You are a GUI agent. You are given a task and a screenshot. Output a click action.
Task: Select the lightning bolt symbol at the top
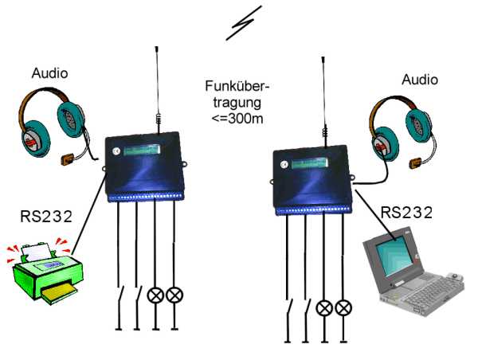(242, 25)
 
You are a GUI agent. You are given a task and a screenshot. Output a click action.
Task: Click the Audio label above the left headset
(49, 73)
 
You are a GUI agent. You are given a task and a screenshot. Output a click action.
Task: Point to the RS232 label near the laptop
(406, 213)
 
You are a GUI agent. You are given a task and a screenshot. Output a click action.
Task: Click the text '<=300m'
(242, 119)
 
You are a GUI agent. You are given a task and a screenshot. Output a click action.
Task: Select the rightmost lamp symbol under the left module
(174, 295)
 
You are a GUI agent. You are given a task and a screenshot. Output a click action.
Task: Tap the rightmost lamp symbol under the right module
(343, 307)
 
